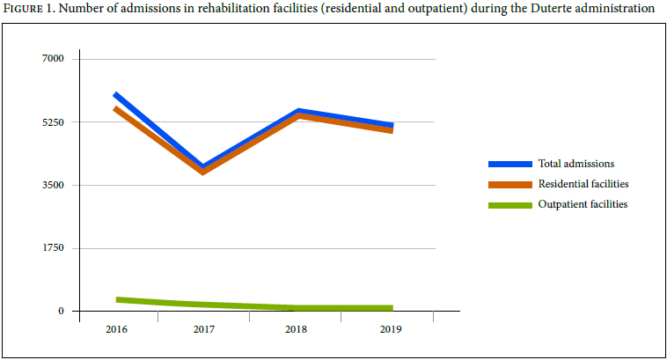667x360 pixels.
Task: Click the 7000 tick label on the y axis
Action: click(x=54, y=58)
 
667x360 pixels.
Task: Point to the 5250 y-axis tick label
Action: click(x=54, y=121)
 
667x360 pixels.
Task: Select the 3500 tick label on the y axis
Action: click(x=54, y=185)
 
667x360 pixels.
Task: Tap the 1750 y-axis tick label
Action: click(x=54, y=248)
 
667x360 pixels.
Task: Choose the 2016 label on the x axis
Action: click(x=115, y=329)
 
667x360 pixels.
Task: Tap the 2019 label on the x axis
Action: click(x=391, y=329)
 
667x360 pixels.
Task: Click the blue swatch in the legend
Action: click(x=510, y=164)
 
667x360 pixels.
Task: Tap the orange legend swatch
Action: click(x=510, y=184)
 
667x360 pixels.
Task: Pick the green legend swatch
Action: click(x=510, y=204)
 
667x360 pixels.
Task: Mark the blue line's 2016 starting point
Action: click(x=116, y=94)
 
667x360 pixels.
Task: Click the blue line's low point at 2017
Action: click(x=204, y=166)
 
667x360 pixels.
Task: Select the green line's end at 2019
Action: click(x=391, y=308)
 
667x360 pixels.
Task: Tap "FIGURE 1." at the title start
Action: click(x=31, y=9)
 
